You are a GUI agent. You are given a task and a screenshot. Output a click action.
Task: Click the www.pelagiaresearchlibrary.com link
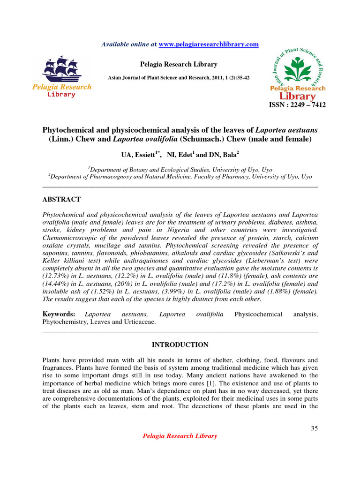point(209,44)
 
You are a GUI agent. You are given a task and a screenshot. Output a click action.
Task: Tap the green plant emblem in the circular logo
point(298,67)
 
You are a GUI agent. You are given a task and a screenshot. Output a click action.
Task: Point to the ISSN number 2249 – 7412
point(297,105)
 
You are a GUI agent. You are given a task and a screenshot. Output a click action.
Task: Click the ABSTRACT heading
point(61,199)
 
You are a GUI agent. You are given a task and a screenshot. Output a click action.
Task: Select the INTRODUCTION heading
point(180,345)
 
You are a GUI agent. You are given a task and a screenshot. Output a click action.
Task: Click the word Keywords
point(58,314)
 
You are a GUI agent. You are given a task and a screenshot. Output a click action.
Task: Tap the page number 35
point(314,428)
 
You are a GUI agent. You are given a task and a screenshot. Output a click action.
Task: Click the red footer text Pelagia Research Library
point(180,436)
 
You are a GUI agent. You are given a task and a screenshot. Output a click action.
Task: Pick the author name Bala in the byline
point(227,154)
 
